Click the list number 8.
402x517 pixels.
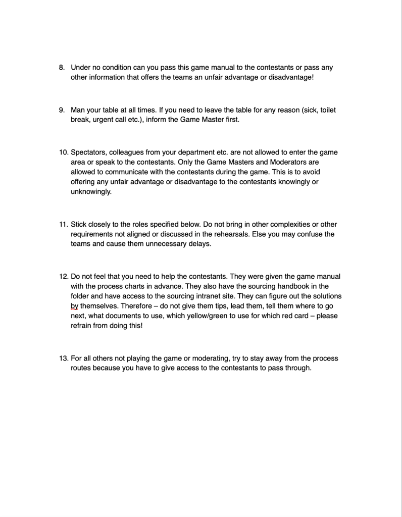pos(62,67)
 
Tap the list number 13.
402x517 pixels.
pos(63,358)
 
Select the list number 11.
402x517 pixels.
pos(63,224)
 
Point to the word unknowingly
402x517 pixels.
pos(91,191)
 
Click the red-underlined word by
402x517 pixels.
pos(75,306)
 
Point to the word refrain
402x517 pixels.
pos(81,326)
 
